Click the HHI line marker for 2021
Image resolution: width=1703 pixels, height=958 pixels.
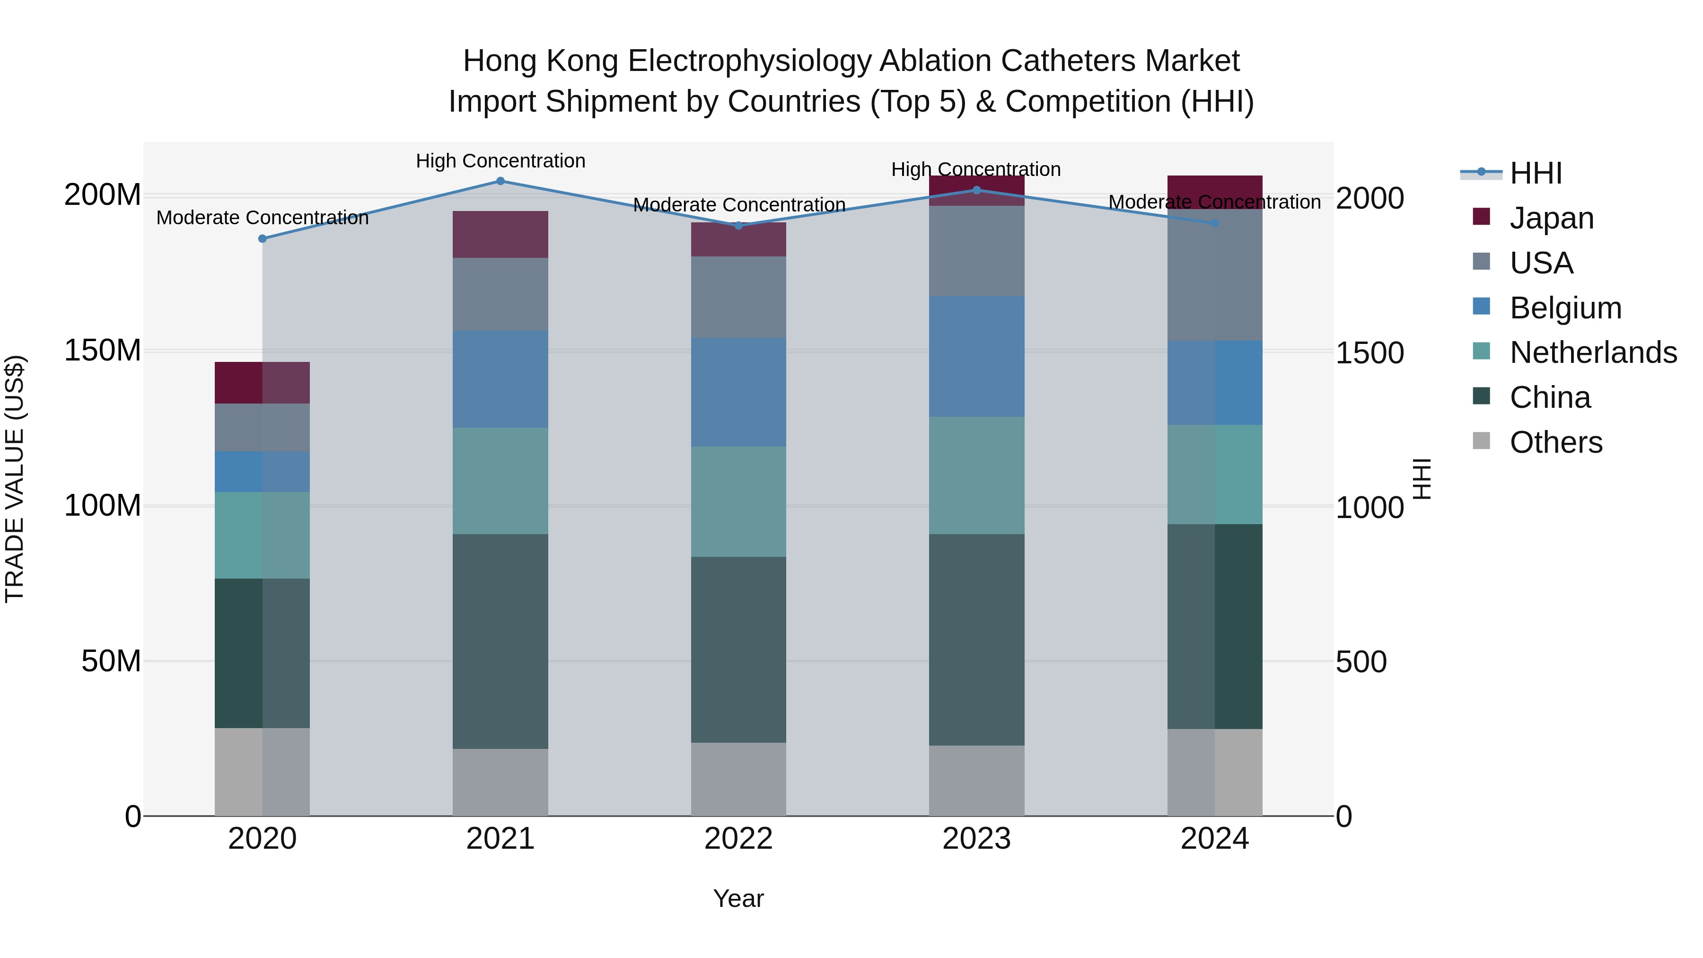coord(500,181)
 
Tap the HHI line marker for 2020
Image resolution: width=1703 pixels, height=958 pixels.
coord(263,239)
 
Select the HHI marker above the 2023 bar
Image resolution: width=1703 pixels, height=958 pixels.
coord(976,190)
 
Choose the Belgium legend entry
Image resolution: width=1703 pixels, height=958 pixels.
coord(1565,308)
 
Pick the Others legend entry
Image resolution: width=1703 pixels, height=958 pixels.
coord(1555,442)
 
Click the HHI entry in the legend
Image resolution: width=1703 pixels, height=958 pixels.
coord(1535,173)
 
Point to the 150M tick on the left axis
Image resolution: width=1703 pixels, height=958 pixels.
coord(103,351)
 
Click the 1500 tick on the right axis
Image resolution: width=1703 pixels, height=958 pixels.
coord(1369,353)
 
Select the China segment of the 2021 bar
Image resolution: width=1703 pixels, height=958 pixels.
coord(500,642)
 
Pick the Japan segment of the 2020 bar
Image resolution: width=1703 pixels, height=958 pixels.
coord(263,383)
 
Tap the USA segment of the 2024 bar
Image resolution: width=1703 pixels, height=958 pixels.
coord(1214,275)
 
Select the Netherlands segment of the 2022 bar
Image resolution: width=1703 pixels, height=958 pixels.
coord(738,502)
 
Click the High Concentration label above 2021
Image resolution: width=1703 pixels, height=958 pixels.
coord(500,161)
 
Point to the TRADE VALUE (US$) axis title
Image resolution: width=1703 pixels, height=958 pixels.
coord(15,479)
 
